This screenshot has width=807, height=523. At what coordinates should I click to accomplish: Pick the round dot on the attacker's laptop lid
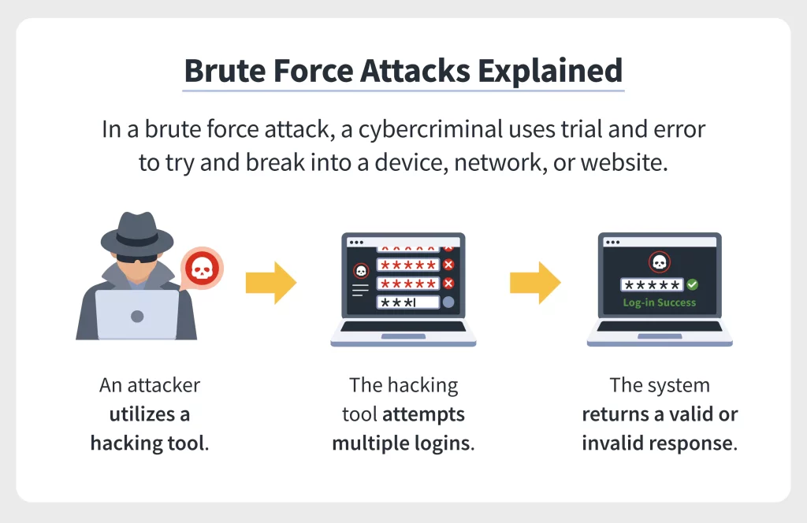pyautogui.click(x=137, y=316)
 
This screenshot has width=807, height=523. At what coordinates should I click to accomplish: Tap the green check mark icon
pyautogui.click(x=692, y=284)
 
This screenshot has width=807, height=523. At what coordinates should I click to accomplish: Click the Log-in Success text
pyautogui.click(x=659, y=302)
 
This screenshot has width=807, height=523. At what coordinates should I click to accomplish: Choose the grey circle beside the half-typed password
pyautogui.click(x=448, y=302)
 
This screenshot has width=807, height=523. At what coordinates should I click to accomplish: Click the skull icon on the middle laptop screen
pyautogui.click(x=361, y=270)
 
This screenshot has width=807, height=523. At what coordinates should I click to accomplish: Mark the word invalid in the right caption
pyautogui.click(x=611, y=443)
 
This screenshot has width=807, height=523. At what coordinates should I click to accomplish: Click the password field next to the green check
pyautogui.click(x=651, y=284)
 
